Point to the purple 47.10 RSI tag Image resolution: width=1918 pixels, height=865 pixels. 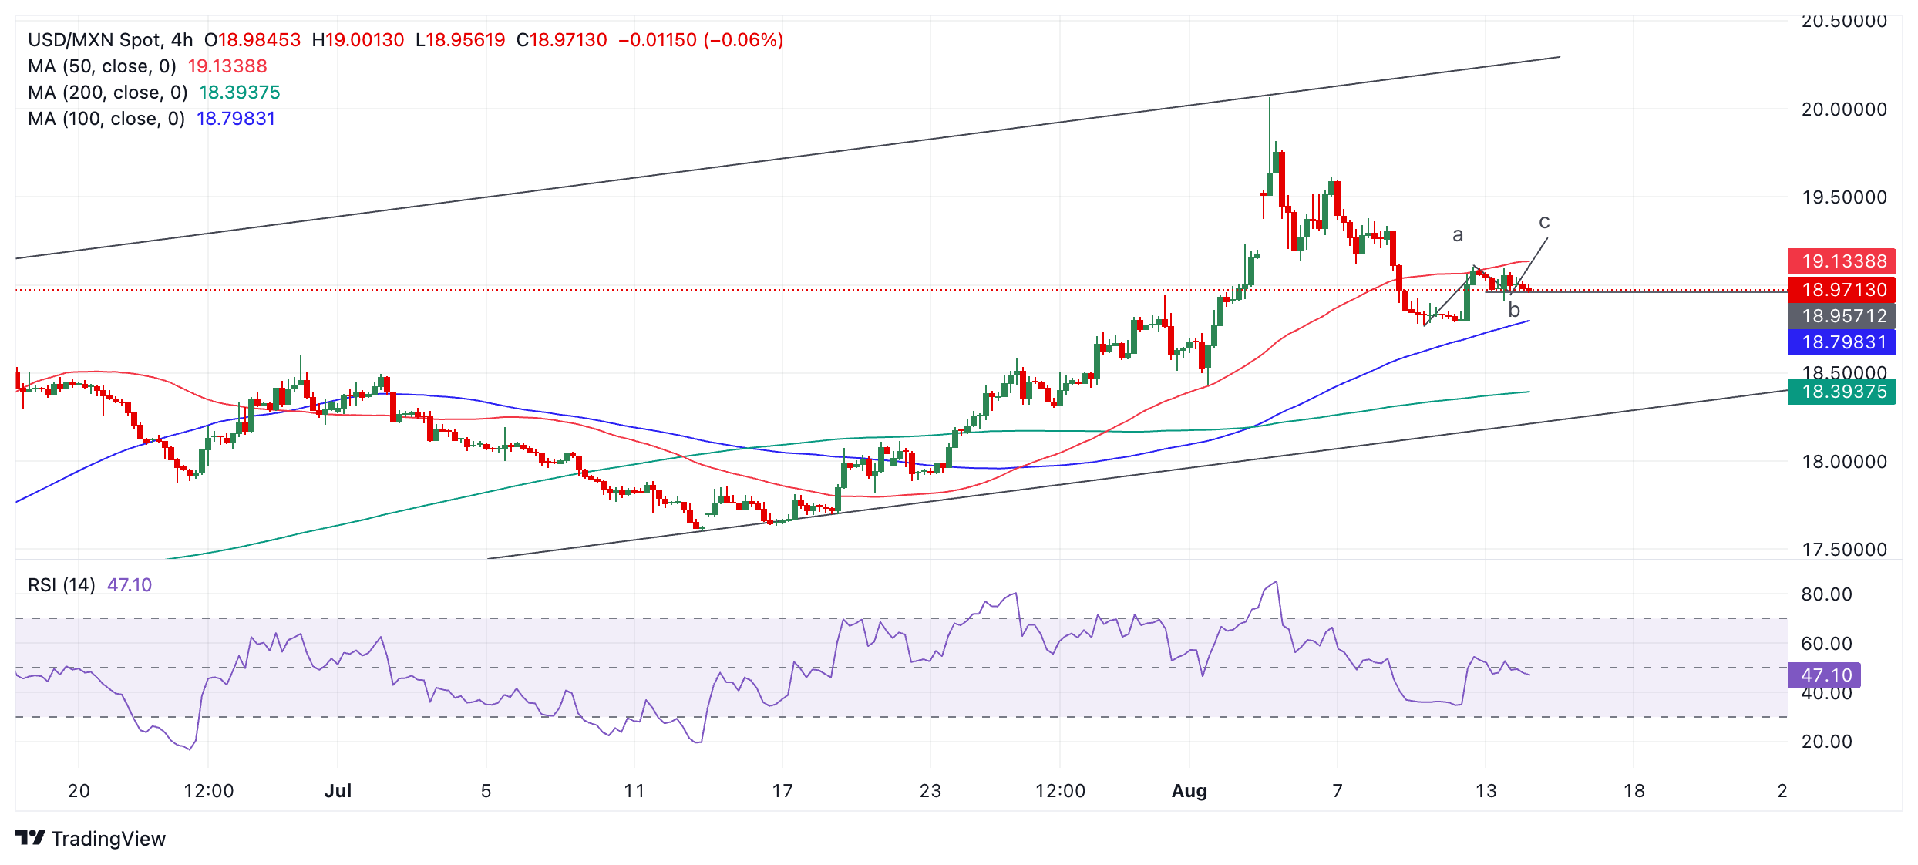(1824, 675)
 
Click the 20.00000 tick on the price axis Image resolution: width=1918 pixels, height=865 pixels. (1844, 109)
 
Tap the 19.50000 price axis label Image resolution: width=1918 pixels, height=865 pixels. (1844, 197)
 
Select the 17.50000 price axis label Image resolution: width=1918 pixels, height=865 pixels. (1844, 550)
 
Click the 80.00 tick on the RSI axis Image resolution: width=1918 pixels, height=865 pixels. (1826, 594)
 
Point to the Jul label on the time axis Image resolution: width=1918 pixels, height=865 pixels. (338, 791)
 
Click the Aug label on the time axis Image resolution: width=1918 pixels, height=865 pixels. (1189, 791)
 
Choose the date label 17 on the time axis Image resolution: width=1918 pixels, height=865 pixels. (782, 791)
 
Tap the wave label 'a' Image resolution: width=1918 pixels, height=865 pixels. (1457, 235)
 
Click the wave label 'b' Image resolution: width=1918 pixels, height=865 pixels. (1514, 310)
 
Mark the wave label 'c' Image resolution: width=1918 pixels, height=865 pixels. (1544, 222)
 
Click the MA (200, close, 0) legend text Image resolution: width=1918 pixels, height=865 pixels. (108, 93)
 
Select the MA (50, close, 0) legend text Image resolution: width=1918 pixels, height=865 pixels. (102, 66)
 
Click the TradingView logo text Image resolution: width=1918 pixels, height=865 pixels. (108, 839)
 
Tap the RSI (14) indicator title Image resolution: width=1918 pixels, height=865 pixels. (62, 585)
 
